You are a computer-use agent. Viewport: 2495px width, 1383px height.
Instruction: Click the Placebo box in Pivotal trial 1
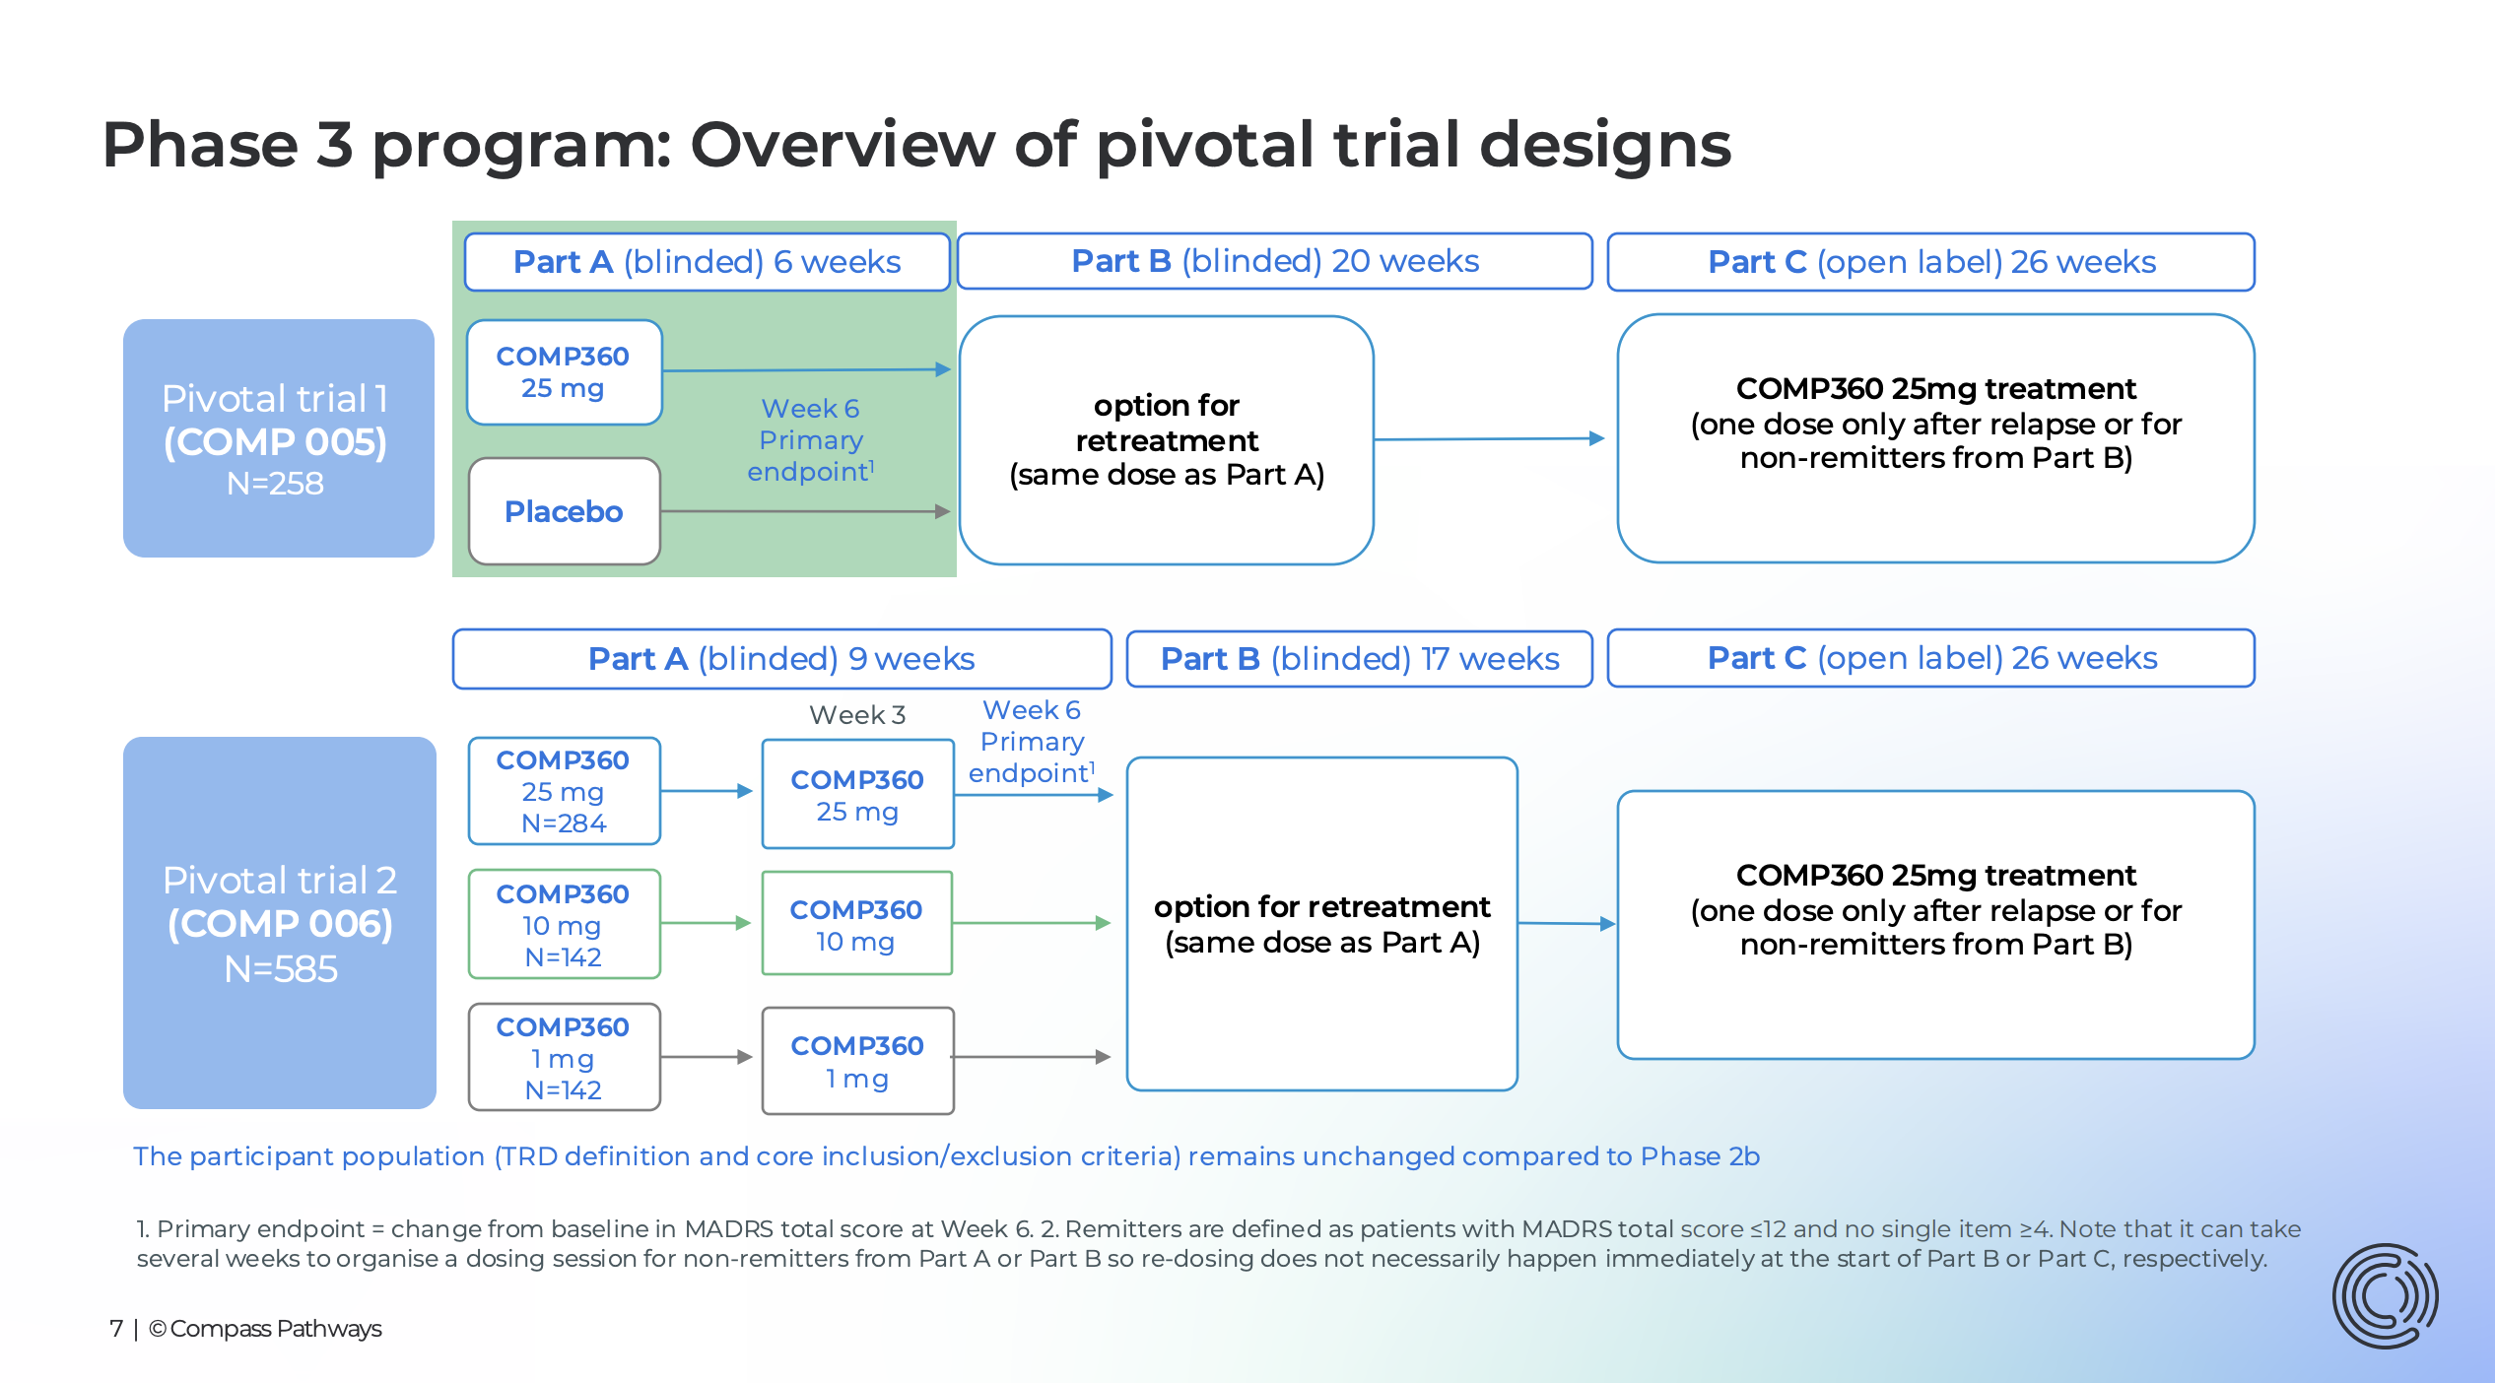tap(564, 511)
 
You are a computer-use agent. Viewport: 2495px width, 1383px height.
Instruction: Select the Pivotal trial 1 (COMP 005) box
tap(278, 438)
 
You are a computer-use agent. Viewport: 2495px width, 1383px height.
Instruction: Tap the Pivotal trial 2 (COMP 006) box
tap(279, 922)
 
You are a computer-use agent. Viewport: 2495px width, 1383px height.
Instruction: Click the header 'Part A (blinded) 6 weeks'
tap(707, 262)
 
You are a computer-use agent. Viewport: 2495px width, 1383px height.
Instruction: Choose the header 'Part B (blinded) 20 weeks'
tap(1274, 261)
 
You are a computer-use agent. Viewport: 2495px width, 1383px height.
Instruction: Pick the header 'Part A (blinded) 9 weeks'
tap(780, 658)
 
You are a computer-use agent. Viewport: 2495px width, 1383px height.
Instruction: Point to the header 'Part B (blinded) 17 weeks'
tap(1359, 658)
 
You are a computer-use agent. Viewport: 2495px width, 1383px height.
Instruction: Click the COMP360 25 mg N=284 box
tap(564, 791)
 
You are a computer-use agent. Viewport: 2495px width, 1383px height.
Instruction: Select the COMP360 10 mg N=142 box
tap(564, 924)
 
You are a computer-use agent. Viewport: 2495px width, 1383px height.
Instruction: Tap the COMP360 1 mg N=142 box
tap(564, 1057)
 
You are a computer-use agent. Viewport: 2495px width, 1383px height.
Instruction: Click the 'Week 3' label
tap(856, 715)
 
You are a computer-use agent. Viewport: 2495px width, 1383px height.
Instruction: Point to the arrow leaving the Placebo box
tap(803, 511)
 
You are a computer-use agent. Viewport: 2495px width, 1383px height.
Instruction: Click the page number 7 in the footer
tap(116, 1329)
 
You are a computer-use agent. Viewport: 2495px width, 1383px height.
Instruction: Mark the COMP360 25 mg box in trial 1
tap(564, 372)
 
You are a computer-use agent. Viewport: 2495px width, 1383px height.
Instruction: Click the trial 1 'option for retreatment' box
tap(1166, 439)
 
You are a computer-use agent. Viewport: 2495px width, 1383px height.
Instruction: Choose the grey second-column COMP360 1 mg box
tap(857, 1061)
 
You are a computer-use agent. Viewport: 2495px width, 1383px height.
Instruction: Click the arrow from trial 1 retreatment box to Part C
tap(1489, 439)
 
